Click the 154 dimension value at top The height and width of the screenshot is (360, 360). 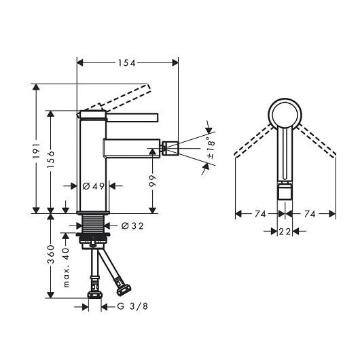click(x=128, y=62)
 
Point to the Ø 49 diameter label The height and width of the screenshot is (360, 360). click(x=92, y=186)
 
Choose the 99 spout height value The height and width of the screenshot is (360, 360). click(x=154, y=183)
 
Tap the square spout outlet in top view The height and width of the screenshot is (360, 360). click(x=283, y=194)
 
